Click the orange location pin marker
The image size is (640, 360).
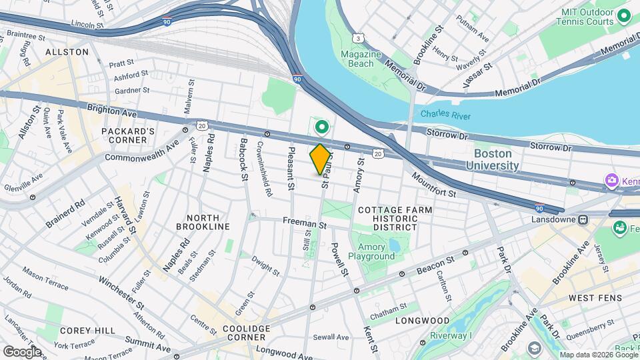tap(321, 159)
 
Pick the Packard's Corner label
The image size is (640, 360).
tap(128, 135)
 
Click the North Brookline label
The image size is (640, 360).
tap(193, 223)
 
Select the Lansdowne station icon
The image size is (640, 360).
tap(583, 219)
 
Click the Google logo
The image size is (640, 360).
tap(21, 351)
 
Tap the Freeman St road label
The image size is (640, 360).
tap(304, 225)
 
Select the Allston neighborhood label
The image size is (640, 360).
tap(67, 51)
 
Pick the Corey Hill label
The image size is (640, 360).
tap(80, 330)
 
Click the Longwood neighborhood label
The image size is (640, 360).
tap(432, 321)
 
